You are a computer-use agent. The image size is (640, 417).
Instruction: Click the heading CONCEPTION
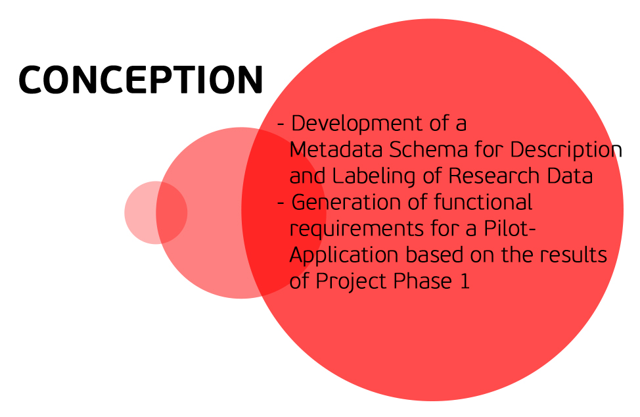pos(141,79)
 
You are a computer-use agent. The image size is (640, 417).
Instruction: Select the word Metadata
pos(336,149)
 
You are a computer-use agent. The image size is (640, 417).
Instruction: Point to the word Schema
pos(428,149)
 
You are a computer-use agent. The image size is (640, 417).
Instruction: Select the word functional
pos(483,202)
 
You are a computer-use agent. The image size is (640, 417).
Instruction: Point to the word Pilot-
pos(509,228)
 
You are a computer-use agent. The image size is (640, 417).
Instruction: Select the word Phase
pos(423,281)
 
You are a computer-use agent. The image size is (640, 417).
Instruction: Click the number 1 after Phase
pos(465,282)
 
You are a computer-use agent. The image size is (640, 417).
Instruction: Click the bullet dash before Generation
pos(281,203)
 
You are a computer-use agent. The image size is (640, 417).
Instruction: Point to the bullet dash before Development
pos(281,124)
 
